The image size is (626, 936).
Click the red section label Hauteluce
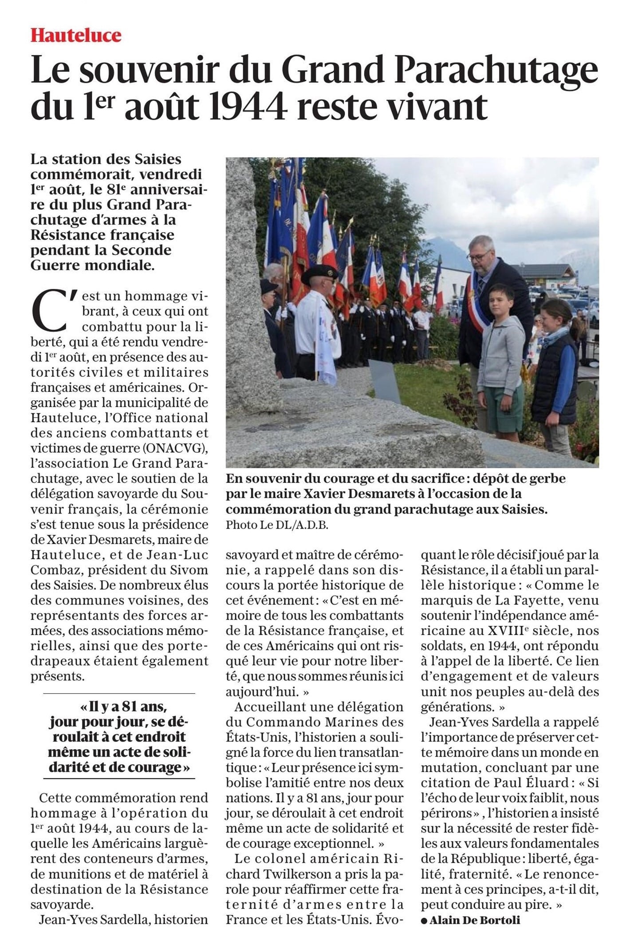click(76, 36)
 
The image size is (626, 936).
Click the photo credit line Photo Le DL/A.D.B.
click(277, 525)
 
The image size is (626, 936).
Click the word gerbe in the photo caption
click(549, 479)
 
